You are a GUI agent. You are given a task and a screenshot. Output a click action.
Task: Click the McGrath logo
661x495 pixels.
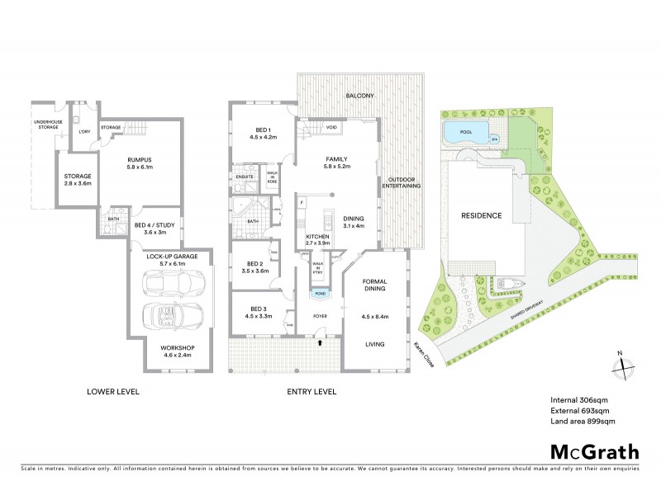point(594,451)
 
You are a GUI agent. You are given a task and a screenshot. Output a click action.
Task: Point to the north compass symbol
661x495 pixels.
point(624,364)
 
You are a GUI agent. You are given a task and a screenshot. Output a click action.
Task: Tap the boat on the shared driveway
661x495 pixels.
point(506,285)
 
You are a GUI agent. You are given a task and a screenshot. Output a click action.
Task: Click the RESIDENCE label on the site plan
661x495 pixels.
point(481,215)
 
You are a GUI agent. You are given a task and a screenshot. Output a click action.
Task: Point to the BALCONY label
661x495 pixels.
point(360,96)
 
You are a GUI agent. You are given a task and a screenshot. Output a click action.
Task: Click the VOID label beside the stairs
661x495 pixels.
point(331,127)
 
